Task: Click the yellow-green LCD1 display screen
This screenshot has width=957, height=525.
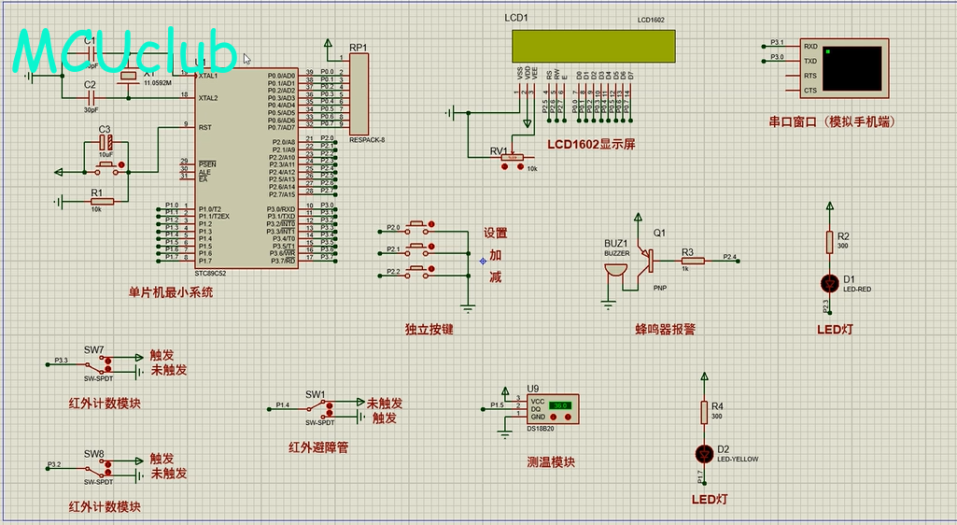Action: [x=593, y=44]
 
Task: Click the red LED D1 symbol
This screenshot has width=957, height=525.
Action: [x=829, y=281]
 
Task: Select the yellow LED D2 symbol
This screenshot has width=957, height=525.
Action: [x=704, y=452]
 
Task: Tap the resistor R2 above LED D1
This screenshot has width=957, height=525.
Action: [x=829, y=243]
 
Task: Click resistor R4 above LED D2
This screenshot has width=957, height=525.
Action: [x=704, y=412]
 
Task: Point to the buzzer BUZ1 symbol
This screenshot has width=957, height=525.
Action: [x=612, y=272]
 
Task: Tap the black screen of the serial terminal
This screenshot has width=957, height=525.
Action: [x=851, y=67]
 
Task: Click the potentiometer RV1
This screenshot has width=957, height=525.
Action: [x=513, y=158]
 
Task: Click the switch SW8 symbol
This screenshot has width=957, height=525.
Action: [x=96, y=467]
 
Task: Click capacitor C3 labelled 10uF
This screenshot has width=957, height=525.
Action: [x=106, y=142]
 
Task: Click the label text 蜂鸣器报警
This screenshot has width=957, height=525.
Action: [x=665, y=329]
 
